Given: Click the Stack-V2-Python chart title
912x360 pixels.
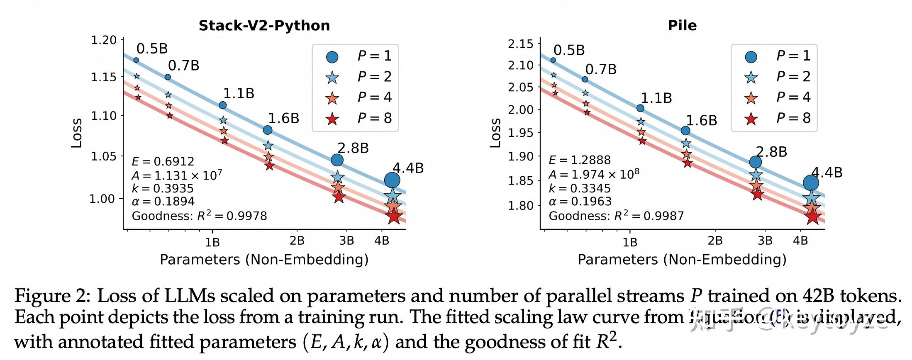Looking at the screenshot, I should pyautogui.click(x=264, y=26).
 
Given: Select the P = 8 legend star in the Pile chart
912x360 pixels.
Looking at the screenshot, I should pyautogui.click(x=751, y=119).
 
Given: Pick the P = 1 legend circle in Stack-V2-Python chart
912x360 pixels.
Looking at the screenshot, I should pyautogui.click(x=332, y=56).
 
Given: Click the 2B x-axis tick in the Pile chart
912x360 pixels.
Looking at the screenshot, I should pyautogui.click(x=715, y=241).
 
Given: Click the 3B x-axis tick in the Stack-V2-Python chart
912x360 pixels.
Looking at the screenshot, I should pyautogui.click(x=346, y=241).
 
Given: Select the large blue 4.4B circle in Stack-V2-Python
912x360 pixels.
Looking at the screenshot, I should pyautogui.click(x=392, y=180).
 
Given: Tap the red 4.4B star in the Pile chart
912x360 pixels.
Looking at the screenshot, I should pyautogui.click(x=812, y=216).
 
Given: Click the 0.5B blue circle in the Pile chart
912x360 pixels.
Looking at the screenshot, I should pyautogui.click(x=553, y=60).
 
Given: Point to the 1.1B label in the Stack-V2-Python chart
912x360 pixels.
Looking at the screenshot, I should pyautogui.click(x=239, y=93).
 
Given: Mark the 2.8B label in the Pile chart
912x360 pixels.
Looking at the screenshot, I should pyautogui.click(x=771, y=152).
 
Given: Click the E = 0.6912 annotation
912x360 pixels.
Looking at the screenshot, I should pyautogui.click(x=163, y=161).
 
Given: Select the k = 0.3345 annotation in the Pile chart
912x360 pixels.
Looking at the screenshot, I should pyautogui.click(x=579, y=188).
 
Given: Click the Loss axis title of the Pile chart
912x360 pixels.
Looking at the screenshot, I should pyautogui.click(x=495, y=133).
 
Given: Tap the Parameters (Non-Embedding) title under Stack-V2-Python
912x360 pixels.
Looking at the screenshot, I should pyautogui.click(x=264, y=260).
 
